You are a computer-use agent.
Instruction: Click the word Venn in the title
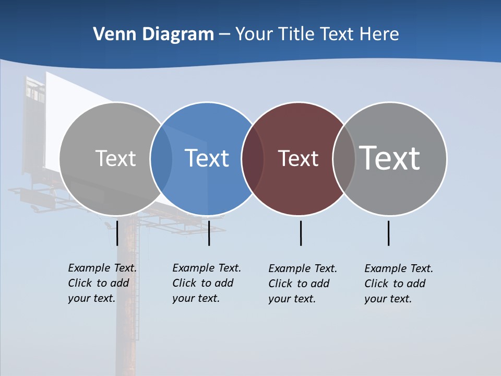110,34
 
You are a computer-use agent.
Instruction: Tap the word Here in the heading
379,34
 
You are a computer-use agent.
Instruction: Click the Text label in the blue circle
207,158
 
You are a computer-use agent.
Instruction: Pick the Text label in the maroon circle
298,158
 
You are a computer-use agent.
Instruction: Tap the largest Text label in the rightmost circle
390,158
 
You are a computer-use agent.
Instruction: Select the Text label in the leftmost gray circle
115,158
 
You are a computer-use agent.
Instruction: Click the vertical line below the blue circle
209,233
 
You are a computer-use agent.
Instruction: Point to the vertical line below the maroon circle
301,233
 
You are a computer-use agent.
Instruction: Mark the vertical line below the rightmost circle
388,233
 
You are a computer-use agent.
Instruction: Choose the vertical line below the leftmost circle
117,233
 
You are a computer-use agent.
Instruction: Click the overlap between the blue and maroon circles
253,159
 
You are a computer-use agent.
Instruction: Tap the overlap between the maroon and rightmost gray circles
344,159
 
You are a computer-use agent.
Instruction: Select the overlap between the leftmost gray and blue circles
161,159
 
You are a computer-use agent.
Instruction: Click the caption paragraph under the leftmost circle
102,283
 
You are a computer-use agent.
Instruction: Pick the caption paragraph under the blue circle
206,283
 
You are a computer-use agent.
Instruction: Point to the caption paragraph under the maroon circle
302,284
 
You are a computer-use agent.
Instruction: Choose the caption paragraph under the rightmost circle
398,284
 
